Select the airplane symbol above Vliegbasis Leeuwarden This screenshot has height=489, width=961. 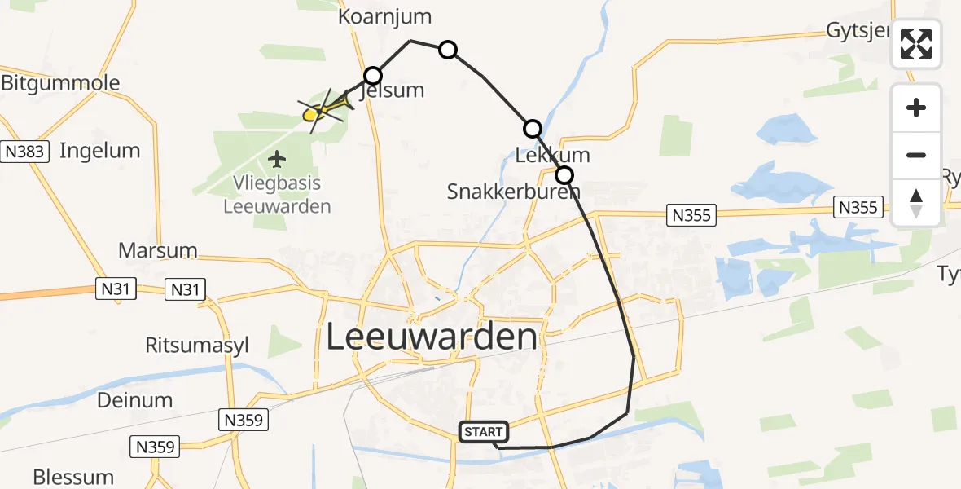pyautogui.click(x=279, y=157)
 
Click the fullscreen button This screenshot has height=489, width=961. pyautogui.click(x=916, y=44)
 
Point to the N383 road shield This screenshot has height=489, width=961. pyautogui.click(x=27, y=152)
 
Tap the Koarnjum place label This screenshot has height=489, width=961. pyautogui.click(x=384, y=17)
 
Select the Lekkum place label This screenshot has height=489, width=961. pyautogui.click(x=553, y=155)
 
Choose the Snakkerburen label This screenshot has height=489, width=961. pyautogui.click(x=514, y=192)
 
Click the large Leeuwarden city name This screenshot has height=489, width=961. pyautogui.click(x=432, y=337)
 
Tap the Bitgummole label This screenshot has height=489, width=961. pyautogui.click(x=60, y=83)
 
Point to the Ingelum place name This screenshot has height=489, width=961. pyautogui.click(x=99, y=151)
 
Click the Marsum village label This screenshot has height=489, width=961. pyautogui.click(x=158, y=249)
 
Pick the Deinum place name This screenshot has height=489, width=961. pyautogui.click(x=134, y=400)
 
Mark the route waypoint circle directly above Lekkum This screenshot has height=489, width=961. pyautogui.click(x=532, y=128)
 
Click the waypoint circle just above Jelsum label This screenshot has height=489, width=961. pyautogui.click(x=372, y=76)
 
